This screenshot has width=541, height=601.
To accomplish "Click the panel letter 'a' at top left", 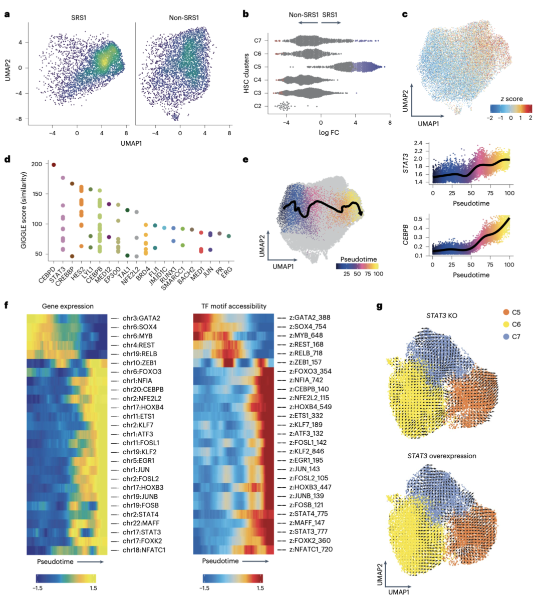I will click(7, 14).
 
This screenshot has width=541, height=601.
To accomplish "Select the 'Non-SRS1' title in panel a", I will click(184, 18).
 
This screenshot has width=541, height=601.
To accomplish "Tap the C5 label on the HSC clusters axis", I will click(257, 67).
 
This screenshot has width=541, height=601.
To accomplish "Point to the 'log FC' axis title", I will click(329, 132).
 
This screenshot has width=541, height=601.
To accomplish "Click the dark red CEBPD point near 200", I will click(54, 165).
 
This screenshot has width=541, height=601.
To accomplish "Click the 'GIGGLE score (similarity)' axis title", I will click(24, 210).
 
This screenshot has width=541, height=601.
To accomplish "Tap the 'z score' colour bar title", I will click(511, 99).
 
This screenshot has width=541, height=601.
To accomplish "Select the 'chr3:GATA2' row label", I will click(142, 318).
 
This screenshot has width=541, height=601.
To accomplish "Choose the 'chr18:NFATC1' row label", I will click(144, 550).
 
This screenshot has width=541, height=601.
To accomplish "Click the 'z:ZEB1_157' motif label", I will click(306, 362).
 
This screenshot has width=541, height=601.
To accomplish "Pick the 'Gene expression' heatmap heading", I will click(67, 306).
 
